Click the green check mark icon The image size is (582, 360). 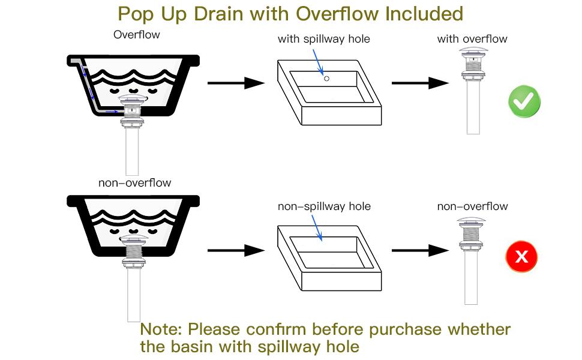click(x=524, y=101)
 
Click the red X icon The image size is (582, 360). click(x=521, y=256)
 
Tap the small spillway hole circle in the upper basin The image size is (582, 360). click(x=326, y=79)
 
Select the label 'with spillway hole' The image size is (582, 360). click(x=323, y=39)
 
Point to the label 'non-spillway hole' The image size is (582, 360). click(x=324, y=206)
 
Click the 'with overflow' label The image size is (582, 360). click(x=472, y=38)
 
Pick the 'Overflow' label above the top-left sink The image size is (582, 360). click(x=137, y=35)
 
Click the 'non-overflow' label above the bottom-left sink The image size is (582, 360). click(x=135, y=182)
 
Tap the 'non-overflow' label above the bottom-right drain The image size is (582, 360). click(x=473, y=206)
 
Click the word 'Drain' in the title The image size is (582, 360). click(x=219, y=14)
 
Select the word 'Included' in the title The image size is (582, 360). click(x=424, y=14)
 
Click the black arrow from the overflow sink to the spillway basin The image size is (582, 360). click(x=236, y=83)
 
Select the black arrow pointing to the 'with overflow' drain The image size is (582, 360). click(x=421, y=83)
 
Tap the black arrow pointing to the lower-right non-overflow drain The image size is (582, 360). click(x=421, y=251)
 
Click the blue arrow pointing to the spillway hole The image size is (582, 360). click(x=318, y=62)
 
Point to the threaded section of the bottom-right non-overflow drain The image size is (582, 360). click(x=472, y=233)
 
